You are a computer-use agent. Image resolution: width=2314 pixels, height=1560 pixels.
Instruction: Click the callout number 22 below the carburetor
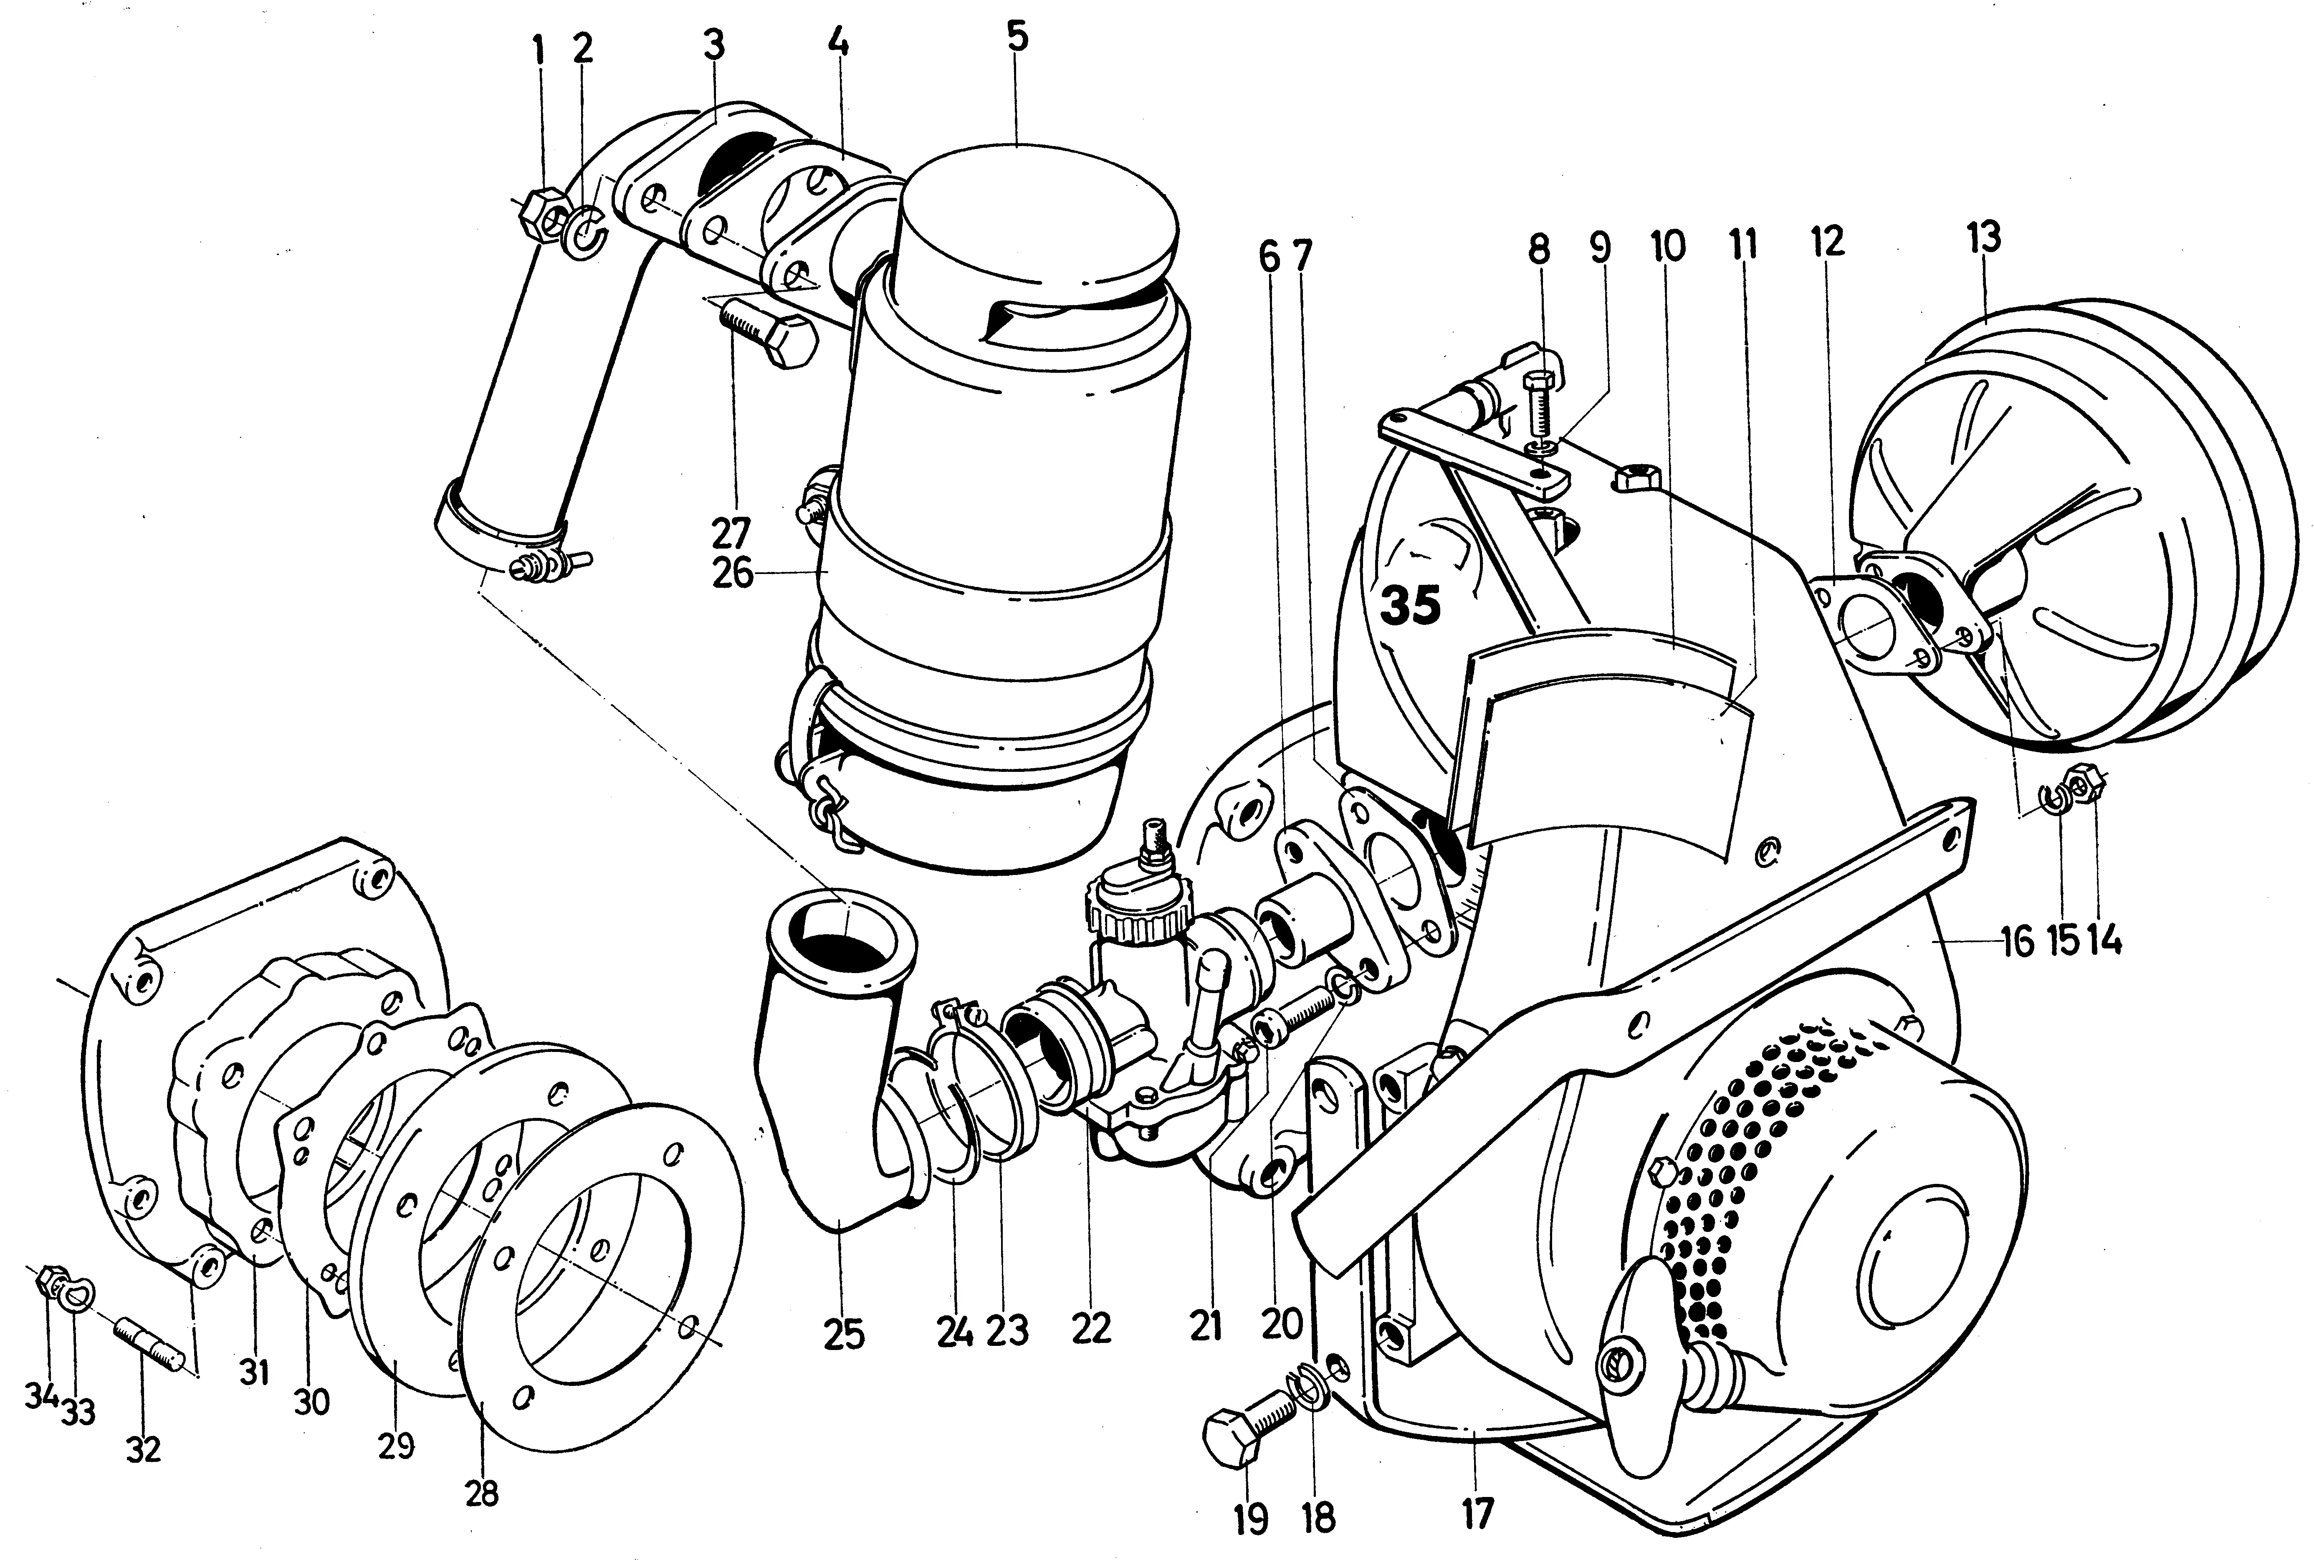pos(1090,1328)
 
